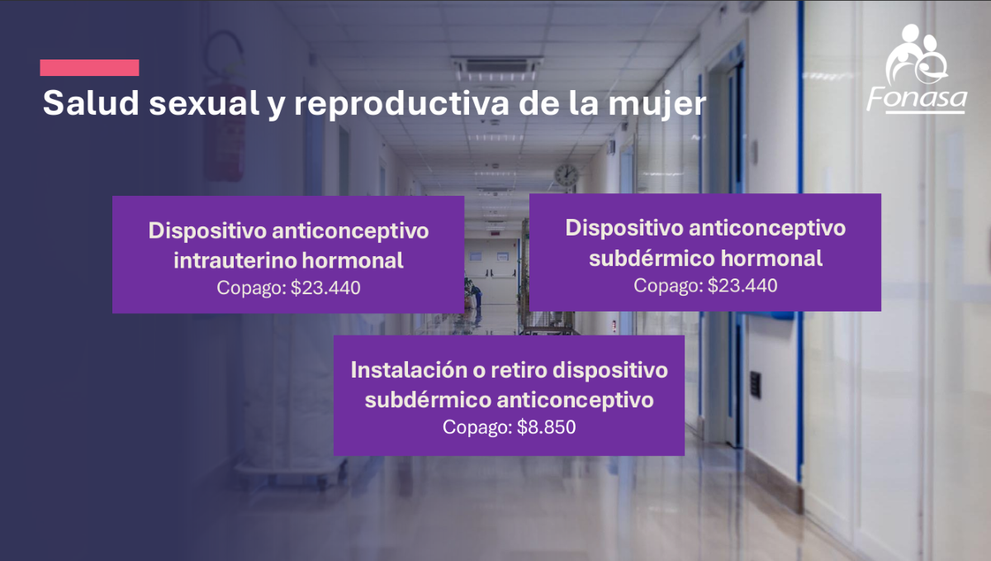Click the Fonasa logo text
pyautogui.click(x=917, y=100)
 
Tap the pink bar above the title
pyautogui.click(x=89, y=68)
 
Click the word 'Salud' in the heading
pyautogui.click(x=91, y=103)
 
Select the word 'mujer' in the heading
pyautogui.click(x=657, y=105)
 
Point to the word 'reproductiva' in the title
pyautogui.click(x=401, y=104)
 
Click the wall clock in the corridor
pyautogui.click(x=567, y=175)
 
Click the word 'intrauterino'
pyautogui.click(x=235, y=260)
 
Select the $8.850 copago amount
pyautogui.click(x=547, y=427)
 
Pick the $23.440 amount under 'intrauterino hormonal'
pyautogui.click(x=325, y=288)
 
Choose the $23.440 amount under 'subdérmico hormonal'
pyautogui.click(x=742, y=286)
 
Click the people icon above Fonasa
pyautogui.click(x=917, y=54)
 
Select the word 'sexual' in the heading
pyautogui.click(x=204, y=103)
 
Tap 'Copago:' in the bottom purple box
pyautogui.click(x=477, y=428)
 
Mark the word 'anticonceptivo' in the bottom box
pyautogui.click(x=575, y=400)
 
